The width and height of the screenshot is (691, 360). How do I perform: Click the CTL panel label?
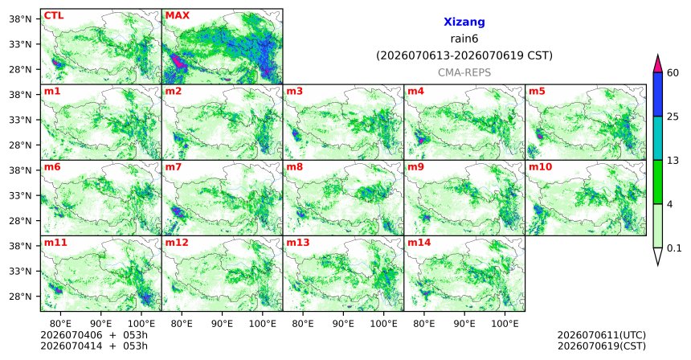coord(53,15)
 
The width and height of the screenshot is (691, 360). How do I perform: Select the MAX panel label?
coord(177,15)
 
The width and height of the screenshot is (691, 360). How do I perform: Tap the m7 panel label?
coord(173,167)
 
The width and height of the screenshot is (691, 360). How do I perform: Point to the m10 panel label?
coord(540,167)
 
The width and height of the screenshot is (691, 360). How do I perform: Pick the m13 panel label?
coord(298,243)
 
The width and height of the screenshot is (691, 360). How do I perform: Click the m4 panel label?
coord(415,92)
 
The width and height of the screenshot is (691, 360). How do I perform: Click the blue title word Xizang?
coord(464,22)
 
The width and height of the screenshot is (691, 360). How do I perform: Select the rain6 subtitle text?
coord(464,39)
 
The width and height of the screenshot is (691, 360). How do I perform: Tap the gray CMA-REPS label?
coord(464,72)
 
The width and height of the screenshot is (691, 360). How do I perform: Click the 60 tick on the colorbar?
coord(673,72)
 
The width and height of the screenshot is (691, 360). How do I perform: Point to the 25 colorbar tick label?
coord(673,117)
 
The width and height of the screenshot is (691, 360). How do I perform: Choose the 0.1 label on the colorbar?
coord(674,248)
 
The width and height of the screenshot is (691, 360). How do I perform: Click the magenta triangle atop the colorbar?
coord(657,64)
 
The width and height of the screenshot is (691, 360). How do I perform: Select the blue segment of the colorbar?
coord(657,94)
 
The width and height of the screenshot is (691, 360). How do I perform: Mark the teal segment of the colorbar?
coord(657,138)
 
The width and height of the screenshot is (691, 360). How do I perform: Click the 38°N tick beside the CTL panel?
coord(20,19)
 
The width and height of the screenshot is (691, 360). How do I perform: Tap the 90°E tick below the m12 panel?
coord(222,324)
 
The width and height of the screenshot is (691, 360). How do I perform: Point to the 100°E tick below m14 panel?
coord(505,324)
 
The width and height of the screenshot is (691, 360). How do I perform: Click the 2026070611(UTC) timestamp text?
coord(602,336)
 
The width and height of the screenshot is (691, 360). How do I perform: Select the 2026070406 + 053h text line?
coord(94,336)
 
